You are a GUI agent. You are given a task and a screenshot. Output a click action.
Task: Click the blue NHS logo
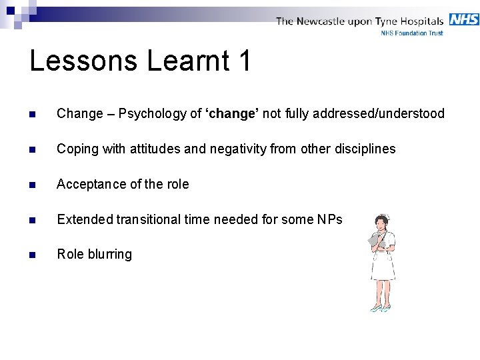click(464, 19)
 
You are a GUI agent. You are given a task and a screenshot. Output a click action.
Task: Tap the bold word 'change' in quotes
click(232, 113)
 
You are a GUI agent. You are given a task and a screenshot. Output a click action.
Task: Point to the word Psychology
click(153, 114)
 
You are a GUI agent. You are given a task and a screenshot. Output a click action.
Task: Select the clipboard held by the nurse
click(375, 239)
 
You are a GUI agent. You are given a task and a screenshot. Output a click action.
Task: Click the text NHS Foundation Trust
click(411, 33)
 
